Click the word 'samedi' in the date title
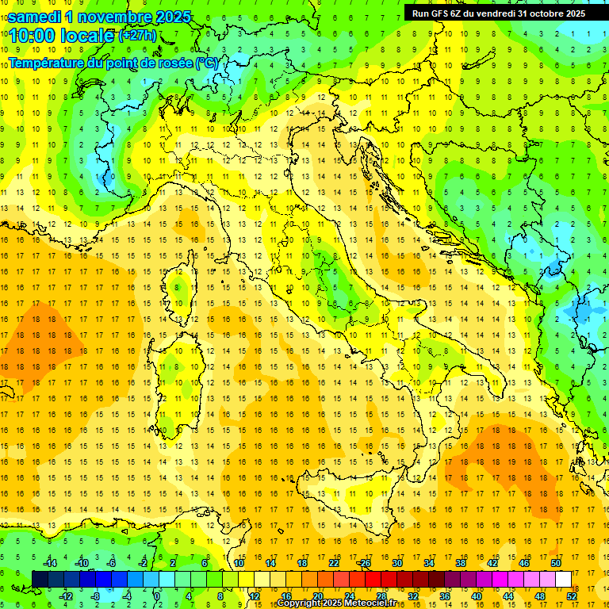point(36,17)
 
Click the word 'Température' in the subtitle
point(46,62)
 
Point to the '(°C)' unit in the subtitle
point(206,62)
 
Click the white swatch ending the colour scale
point(563,579)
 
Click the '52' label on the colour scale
point(572,596)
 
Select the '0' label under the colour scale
point(157,596)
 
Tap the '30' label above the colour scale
point(397,563)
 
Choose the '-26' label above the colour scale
point(364,563)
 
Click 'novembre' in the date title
point(117,17)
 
